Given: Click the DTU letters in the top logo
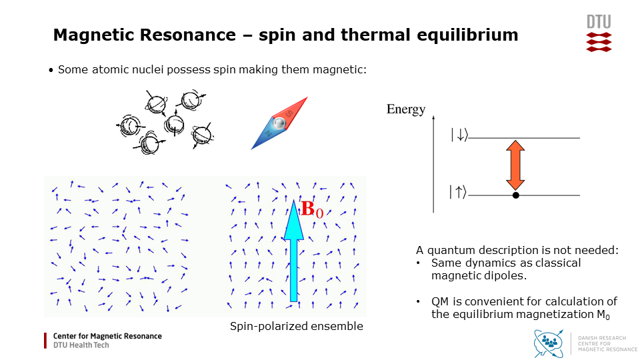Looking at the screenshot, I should pos(598,21).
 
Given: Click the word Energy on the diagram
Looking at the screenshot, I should pos(405,109).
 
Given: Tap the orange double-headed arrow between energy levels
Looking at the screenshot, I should pos(515,165).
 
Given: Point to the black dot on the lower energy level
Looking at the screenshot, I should pos(515,195).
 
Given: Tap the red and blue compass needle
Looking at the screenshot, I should pos(279,124).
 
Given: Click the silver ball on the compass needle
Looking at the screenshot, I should pos(279,123).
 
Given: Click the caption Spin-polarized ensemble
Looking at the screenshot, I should pos(296,327).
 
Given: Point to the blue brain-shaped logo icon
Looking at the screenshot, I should pos(548,343).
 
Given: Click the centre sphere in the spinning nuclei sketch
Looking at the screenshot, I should pos(175,123).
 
